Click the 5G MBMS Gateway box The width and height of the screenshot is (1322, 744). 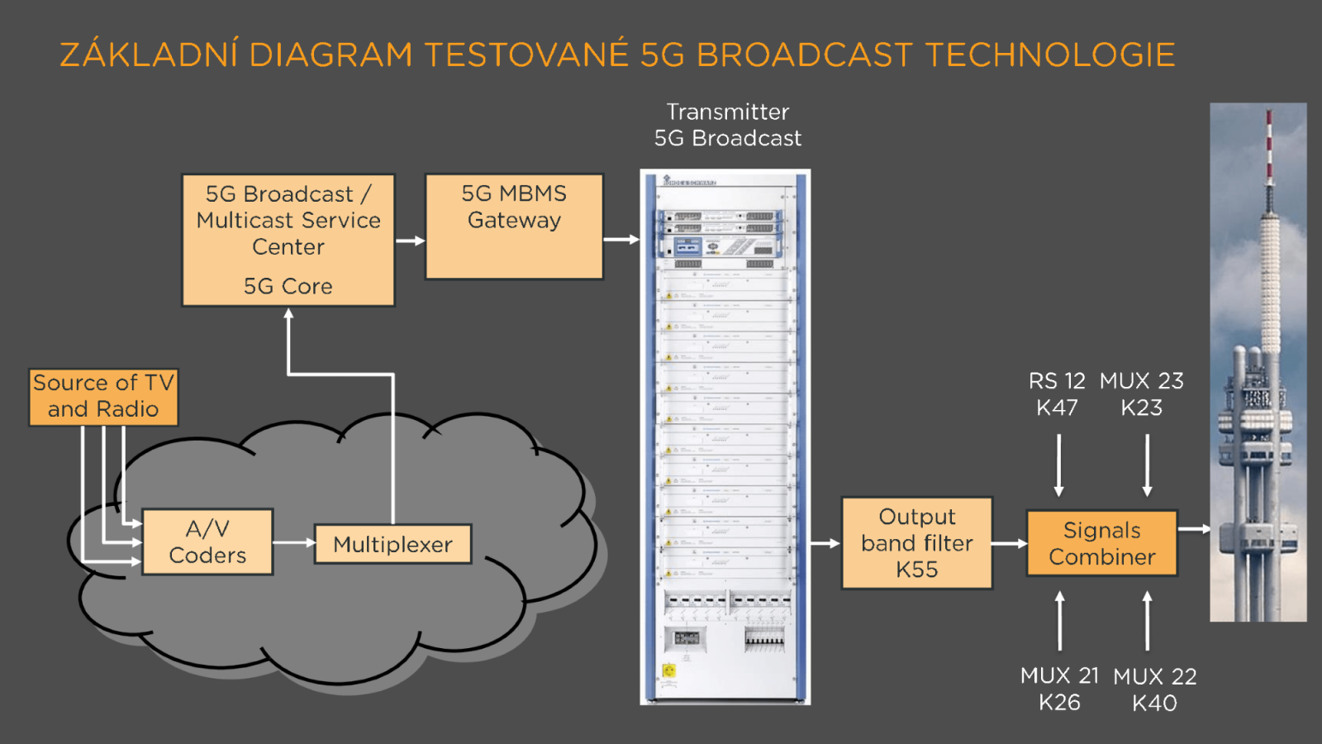[514, 226]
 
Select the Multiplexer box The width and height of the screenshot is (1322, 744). [392, 544]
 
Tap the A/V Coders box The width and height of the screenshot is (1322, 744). [207, 542]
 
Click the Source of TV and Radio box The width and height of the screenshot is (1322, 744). [103, 397]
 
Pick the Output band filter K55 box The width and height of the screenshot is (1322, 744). [916, 543]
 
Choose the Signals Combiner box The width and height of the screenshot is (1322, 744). [1101, 543]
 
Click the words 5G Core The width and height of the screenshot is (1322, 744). [288, 286]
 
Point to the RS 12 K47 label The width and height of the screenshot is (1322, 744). [1057, 394]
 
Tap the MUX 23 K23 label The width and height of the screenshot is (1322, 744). [1141, 394]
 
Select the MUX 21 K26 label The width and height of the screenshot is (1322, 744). [1059, 689]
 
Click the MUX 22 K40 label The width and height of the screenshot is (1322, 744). [1154, 689]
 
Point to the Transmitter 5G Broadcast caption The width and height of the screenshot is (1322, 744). [727, 125]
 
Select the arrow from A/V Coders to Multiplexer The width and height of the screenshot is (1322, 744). [293, 543]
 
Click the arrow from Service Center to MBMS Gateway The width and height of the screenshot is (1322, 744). [410, 241]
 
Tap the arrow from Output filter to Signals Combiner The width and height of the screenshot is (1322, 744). [1009, 543]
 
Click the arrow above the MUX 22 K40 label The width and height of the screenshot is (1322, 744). [1147, 620]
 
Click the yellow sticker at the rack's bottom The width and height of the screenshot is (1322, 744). [669, 670]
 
